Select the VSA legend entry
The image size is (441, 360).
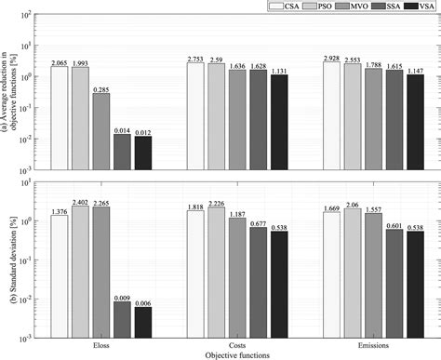[x=421, y=7]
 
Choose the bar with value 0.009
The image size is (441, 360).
[x=122, y=319]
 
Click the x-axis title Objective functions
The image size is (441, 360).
[x=237, y=353]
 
